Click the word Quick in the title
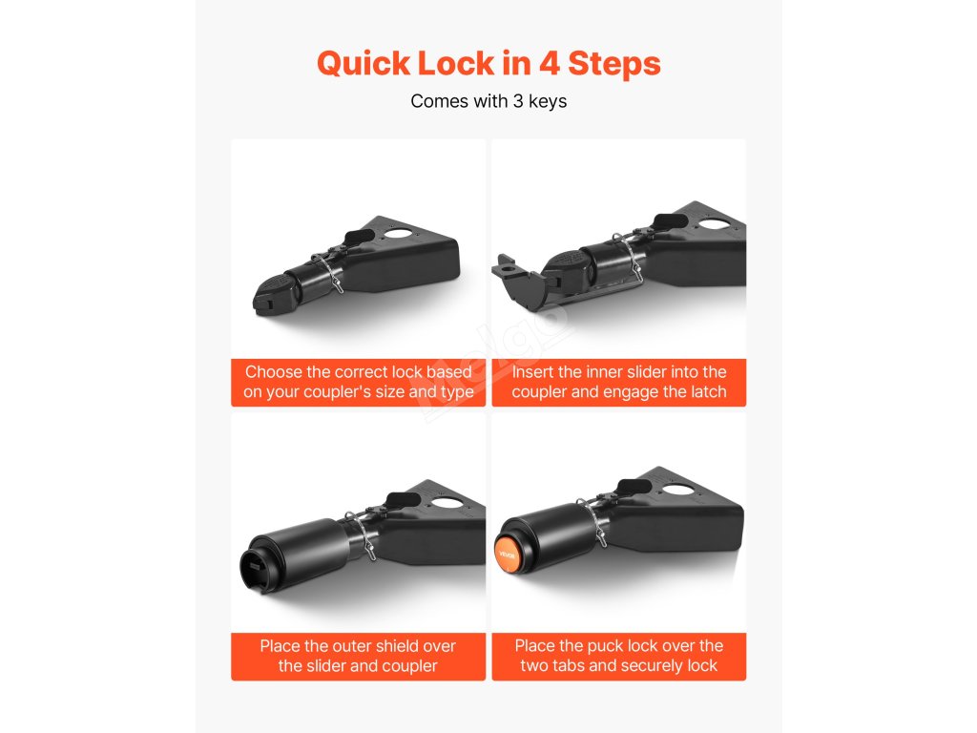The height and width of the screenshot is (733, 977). click(x=364, y=64)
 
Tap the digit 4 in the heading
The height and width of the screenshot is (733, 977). click(x=549, y=63)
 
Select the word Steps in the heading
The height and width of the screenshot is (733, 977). click(x=614, y=65)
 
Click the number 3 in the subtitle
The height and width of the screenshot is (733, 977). click(x=518, y=101)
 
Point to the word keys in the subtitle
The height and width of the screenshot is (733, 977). click(x=548, y=101)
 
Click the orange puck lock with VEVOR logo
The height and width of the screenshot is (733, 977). click(x=508, y=553)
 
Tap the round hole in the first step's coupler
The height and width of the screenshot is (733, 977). click(x=398, y=235)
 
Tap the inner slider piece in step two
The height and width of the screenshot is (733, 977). click(x=520, y=278)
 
